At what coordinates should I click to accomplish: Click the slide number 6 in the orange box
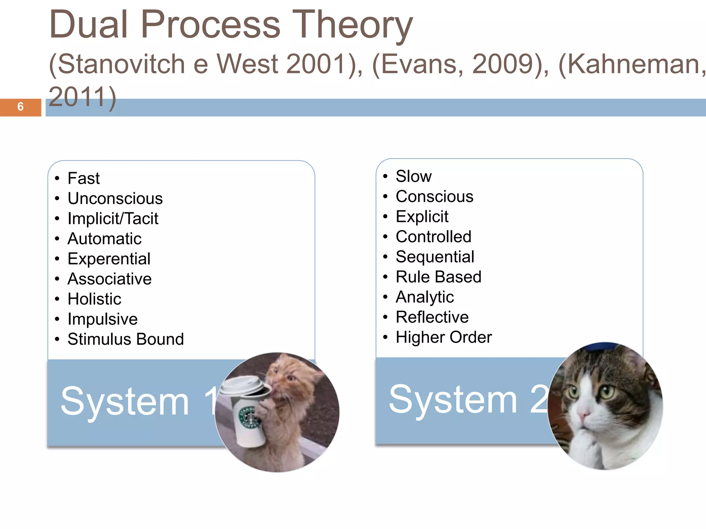pos(20,107)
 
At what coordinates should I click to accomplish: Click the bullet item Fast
pos(83,178)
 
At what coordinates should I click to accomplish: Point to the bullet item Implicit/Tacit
pos(113,219)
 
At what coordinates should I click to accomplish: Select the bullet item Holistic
pos(94,299)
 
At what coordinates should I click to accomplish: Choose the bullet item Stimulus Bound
pos(125,339)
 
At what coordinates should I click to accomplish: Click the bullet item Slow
pos(413,176)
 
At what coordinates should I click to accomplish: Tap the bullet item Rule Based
pos(438,277)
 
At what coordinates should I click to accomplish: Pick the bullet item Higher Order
pos(444,337)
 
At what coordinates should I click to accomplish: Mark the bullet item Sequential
pos(435,257)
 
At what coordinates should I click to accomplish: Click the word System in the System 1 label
pos(125,401)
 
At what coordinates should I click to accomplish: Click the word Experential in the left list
pos(109,259)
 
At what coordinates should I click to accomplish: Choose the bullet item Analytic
pos(424,297)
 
